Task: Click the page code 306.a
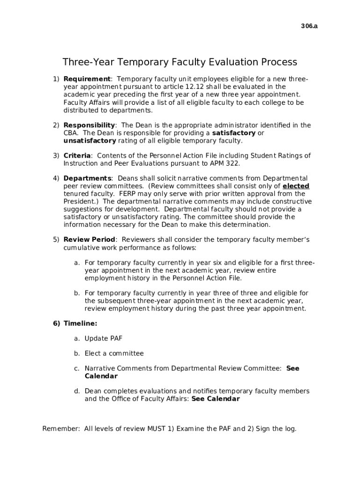click(x=309, y=26)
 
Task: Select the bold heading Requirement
click(x=87, y=79)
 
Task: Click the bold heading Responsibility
click(x=89, y=125)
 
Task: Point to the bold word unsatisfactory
click(x=90, y=140)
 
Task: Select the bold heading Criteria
click(x=77, y=156)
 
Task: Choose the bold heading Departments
click(x=87, y=178)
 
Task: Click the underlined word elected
click(x=296, y=186)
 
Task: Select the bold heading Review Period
click(x=89, y=240)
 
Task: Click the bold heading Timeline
click(x=80, y=323)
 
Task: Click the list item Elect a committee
click(x=114, y=353)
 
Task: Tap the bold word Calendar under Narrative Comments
click(x=101, y=376)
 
